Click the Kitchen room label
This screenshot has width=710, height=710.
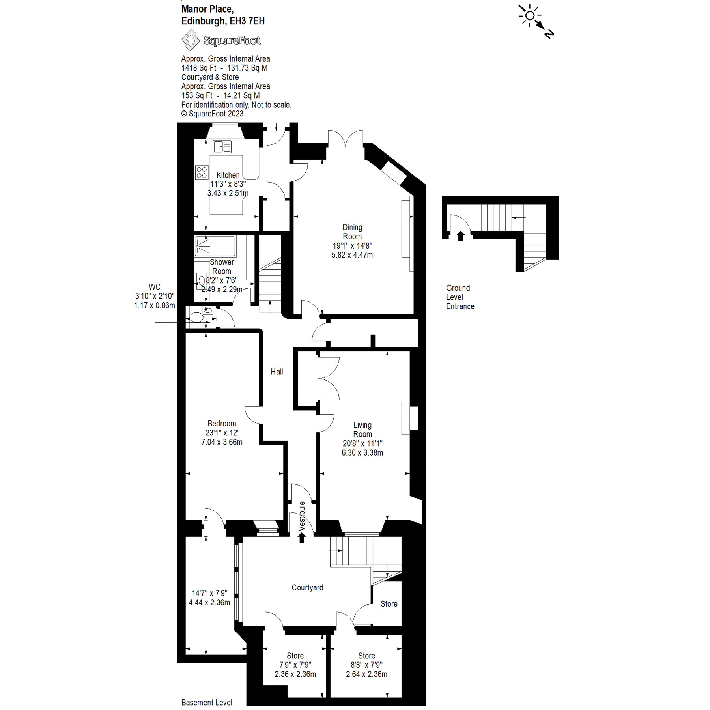[228, 175]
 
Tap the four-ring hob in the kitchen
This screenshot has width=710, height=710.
[202, 172]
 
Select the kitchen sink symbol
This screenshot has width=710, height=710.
[222, 147]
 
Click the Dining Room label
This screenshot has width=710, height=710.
[352, 232]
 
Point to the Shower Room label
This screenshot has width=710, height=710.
[222, 267]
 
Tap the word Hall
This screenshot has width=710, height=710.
[277, 372]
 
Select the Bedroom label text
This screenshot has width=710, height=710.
[222, 424]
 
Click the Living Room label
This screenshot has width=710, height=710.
[362, 430]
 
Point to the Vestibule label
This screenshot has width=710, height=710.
[302, 516]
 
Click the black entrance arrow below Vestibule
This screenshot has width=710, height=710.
[302, 537]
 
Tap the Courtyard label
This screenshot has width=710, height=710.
[307, 587]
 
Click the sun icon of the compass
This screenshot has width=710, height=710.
[530, 16]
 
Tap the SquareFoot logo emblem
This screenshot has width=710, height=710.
[191, 41]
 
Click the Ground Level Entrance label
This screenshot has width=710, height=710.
[460, 297]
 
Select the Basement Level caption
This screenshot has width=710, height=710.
[207, 703]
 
